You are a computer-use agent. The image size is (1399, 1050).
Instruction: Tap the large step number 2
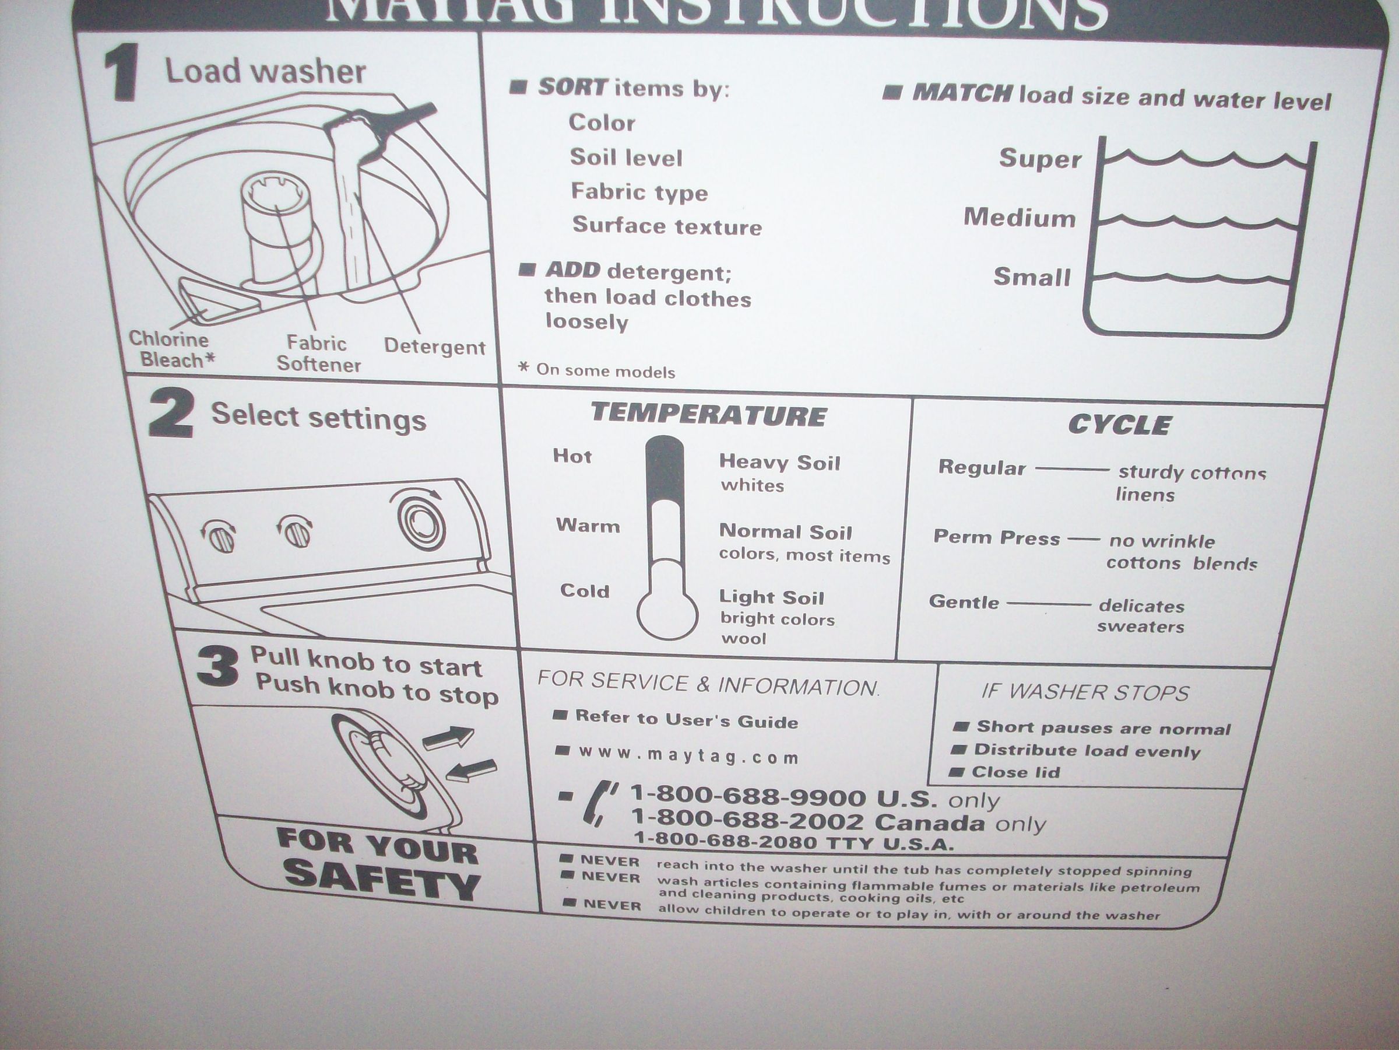tap(171, 415)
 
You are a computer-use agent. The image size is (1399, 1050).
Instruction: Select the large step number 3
tap(217, 668)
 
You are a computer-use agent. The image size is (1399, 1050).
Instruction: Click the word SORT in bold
tap(572, 87)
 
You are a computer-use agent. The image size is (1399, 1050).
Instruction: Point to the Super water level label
tap(1040, 158)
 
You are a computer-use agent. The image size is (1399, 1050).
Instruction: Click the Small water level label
tap(1032, 276)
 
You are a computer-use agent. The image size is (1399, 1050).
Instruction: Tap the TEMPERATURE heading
tap(708, 415)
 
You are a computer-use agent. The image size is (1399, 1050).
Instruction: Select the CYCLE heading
tap(1119, 425)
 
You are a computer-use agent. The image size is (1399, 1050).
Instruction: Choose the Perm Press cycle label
tap(996, 537)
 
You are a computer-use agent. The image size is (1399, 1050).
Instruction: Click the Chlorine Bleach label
tap(171, 349)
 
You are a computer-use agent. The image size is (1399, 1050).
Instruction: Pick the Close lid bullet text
tap(1015, 772)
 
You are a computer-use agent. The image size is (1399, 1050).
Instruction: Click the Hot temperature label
tap(572, 456)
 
